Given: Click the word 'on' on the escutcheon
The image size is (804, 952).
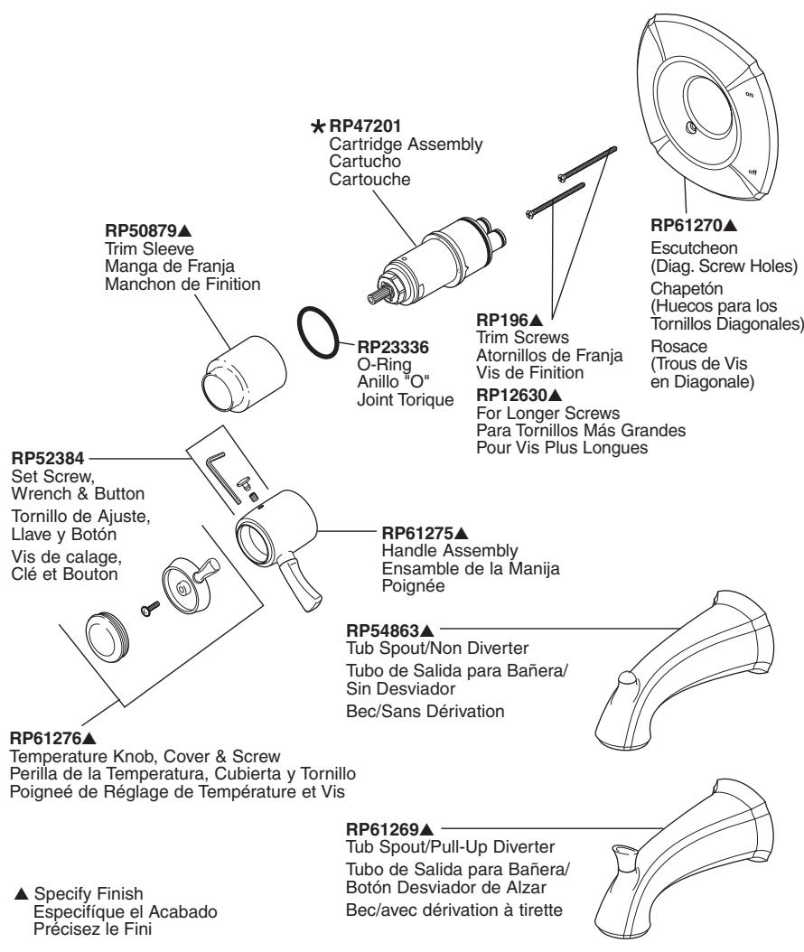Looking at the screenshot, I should point(749,93).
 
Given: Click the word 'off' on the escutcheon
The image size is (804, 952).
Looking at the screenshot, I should point(753,171).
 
